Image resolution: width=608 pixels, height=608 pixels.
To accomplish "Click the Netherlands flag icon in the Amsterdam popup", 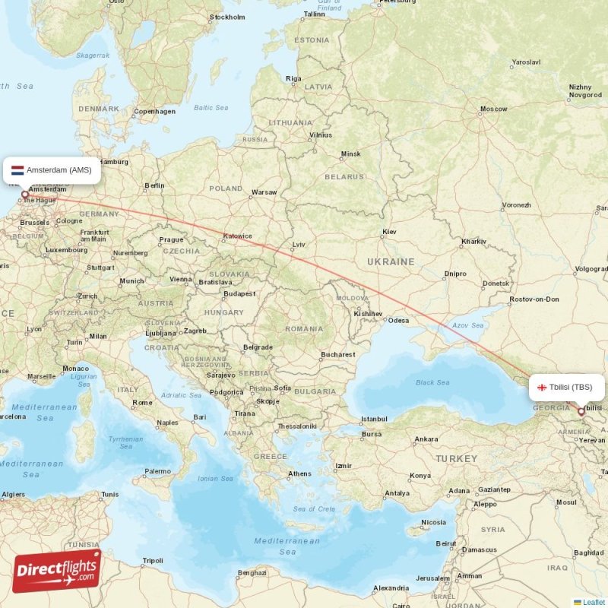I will (x=17, y=170).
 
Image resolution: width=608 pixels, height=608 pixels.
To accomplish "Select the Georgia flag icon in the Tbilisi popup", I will (x=543, y=388).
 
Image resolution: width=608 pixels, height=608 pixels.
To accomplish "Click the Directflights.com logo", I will (x=56, y=571).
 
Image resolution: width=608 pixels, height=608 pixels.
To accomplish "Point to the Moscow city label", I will (x=493, y=109).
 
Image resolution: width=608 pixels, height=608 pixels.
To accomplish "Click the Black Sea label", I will (x=432, y=382).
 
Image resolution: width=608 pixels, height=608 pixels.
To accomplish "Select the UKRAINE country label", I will (x=391, y=261).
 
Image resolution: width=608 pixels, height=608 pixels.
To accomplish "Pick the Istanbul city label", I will (x=374, y=419).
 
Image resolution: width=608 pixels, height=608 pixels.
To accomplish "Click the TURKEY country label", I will (x=456, y=459).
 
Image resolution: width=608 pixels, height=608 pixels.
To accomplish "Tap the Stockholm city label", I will (x=227, y=17).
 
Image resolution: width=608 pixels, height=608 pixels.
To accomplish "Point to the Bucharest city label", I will (x=337, y=354).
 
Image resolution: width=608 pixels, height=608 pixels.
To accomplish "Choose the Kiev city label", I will (x=390, y=231).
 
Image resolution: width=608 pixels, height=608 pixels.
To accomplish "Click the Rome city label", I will (x=142, y=403).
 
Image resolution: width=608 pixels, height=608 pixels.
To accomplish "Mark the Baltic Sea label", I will (x=211, y=108).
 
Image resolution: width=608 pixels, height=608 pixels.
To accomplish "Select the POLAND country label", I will (x=226, y=188).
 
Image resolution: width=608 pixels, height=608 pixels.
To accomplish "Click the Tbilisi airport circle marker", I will (x=581, y=411).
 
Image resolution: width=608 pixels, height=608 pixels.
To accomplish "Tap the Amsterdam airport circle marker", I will (x=24, y=195).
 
